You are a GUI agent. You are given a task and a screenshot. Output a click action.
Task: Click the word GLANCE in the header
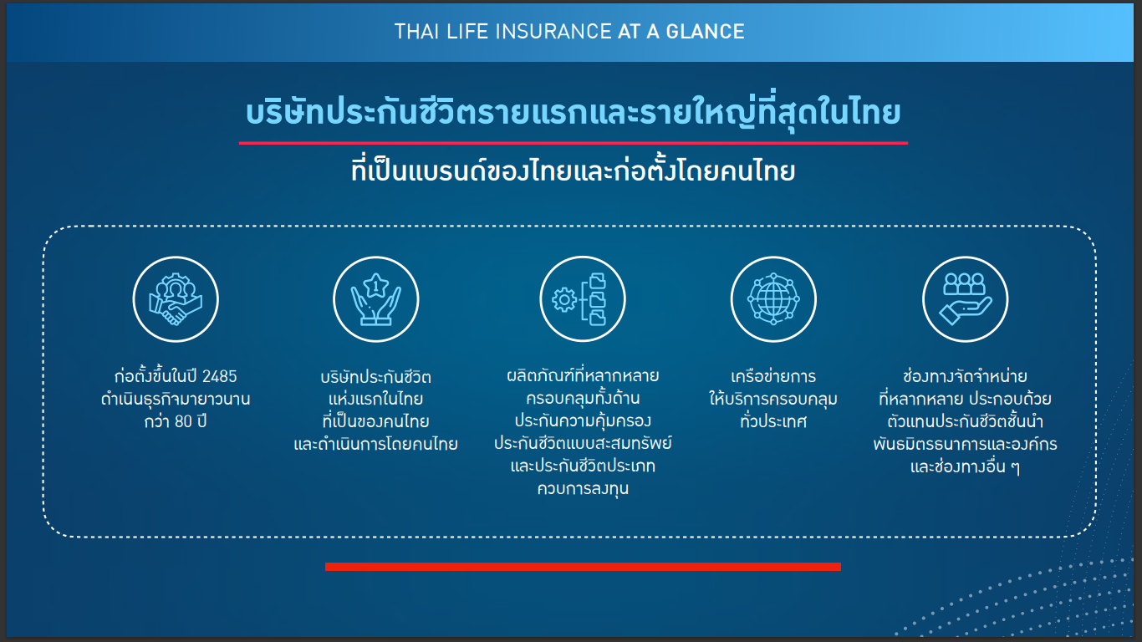pyautogui.click(x=705, y=32)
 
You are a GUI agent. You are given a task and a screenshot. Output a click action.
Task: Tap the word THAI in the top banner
pyautogui.click(x=416, y=32)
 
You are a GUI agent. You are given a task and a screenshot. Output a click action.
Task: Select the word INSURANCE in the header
pyautogui.click(x=553, y=32)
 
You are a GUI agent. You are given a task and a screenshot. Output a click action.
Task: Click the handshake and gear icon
pyautogui.click(x=176, y=299)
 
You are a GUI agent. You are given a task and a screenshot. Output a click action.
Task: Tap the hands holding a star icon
pyautogui.click(x=375, y=299)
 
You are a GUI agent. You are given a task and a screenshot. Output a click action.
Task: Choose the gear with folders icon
pyautogui.click(x=582, y=299)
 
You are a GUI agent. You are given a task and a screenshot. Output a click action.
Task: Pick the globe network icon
pyautogui.click(x=773, y=299)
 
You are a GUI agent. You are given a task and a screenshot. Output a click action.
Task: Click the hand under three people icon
pyautogui.click(x=965, y=299)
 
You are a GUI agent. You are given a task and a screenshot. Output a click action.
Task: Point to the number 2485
pyautogui.click(x=220, y=377)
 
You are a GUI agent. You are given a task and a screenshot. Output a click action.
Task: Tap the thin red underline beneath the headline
pyautogui.click(x=573, y=143)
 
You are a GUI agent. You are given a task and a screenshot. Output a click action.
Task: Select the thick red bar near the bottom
pyautogui.click(x=583, y=567)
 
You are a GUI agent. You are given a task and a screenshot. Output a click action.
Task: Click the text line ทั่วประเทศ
pyautogui.click(x=773, y=421)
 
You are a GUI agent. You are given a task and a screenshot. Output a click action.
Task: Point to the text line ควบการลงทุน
pyautogui.click(x=583, y=488)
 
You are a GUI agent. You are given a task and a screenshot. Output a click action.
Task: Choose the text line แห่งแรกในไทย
pyautogui.click(x=375, y=398)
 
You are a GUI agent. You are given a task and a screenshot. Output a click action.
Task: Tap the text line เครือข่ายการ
pyautogui.click(x=773, y=376)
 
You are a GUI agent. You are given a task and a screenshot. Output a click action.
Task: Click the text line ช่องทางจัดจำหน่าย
pyautogui.click(x=965, y=376)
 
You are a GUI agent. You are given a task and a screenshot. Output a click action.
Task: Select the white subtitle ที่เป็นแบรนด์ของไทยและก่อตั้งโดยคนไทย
pyautogui.click(x=573, y=171)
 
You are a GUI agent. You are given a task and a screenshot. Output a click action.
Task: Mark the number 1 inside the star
pyautogui.click(x=375, y=285)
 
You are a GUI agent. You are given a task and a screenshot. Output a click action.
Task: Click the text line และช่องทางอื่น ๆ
pyautogui.click(x=965, y=466)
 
